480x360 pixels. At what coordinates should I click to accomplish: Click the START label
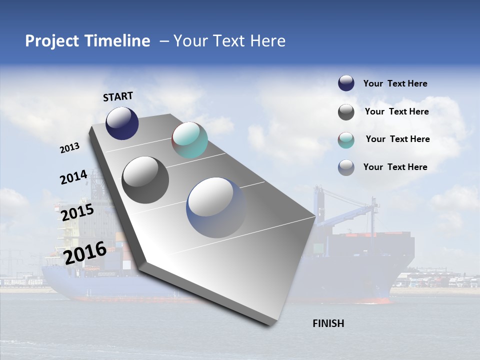click(x=118, y=96)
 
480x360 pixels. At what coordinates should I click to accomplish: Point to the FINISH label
click(x=328, y=323)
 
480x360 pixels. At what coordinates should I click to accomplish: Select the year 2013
click(x=69, y=148)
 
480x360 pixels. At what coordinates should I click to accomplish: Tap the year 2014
click(x=73, y=177)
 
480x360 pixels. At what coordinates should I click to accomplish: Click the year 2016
click(x=85, y=252)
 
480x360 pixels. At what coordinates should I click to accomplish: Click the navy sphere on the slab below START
click(x=122, y=123)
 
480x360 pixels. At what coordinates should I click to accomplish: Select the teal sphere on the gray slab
click(x=189, y=140)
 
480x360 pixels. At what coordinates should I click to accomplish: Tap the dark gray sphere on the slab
click(x=145, y=179)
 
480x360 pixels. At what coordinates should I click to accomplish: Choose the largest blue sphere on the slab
click(x=216, y=207)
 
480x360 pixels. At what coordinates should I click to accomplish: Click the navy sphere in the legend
click(x=346, y=83)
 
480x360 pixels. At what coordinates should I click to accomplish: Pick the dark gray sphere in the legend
click(x=346, y=112)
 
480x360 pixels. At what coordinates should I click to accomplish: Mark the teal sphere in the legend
click(x=346, y=140)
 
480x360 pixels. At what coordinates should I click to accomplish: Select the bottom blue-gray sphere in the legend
click(x=346, y=167)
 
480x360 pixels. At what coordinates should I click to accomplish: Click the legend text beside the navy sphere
click(x=395, y=83)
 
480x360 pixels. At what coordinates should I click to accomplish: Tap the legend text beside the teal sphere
click(x=397, y=139)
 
